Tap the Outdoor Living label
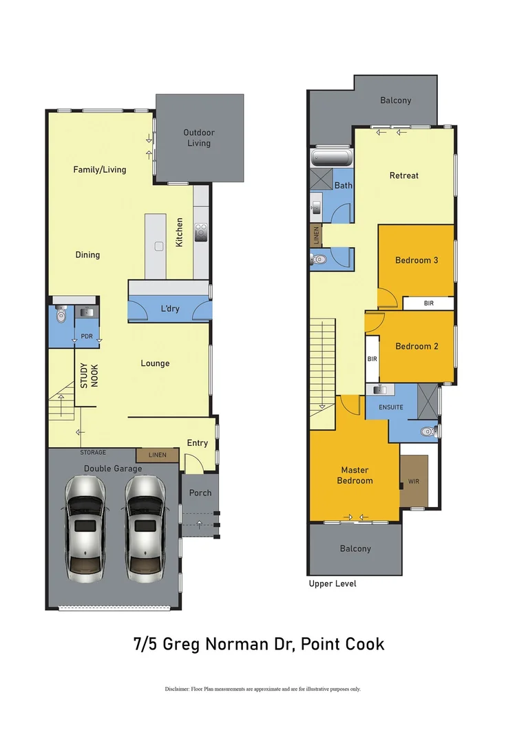click(x=199, y=138)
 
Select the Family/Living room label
click(x=100, y=169)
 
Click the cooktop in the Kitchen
click(x=202, y=233)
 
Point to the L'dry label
click(x=169, y=309)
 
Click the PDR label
click(x=87, y=336)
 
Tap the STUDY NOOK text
click(x=89, y=376)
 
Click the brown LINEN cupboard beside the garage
click(x=157, y=455)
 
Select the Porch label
click(x=200, y=493)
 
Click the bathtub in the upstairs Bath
click(x=332, y=158)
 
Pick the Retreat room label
click(x=404, y=175)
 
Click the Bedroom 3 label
click(x=417, y=260)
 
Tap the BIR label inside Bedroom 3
click(x=428, y=303)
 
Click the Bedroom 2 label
click(x=417, y=346)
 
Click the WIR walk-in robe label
click(x=413, y=482)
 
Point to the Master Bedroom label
click(x=355, y=475)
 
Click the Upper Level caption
click(x=333, y=584)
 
